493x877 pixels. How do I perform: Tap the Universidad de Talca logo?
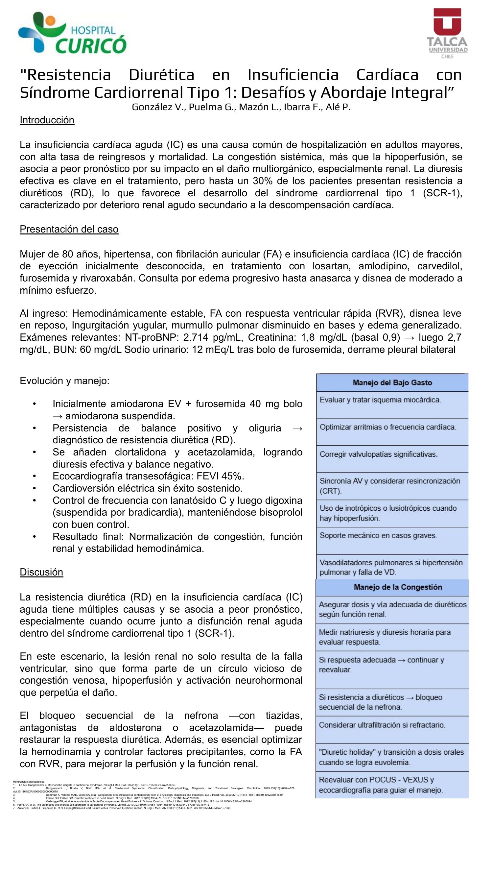click(x=447, y=33)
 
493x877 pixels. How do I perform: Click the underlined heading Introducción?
click(x=47, y=120)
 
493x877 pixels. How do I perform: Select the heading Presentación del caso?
click(x=69, y=229)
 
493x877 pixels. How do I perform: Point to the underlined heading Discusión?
click(x=41, y=572)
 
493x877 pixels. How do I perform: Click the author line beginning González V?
click(x=241, y=107)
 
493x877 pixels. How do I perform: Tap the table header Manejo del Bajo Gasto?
click(x=392, y=383)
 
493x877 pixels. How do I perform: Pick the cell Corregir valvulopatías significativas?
click(x=378, y=454)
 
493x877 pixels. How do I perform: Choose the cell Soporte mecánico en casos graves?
click(x=378, y=536)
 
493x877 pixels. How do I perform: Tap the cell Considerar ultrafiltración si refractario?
click(x=382, y=725)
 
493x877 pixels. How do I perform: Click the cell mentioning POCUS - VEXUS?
click(x=380, y=785)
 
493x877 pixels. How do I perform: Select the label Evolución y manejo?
click(x=65, y=380)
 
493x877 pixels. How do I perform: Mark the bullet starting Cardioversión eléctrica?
click(x=147, y=488)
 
